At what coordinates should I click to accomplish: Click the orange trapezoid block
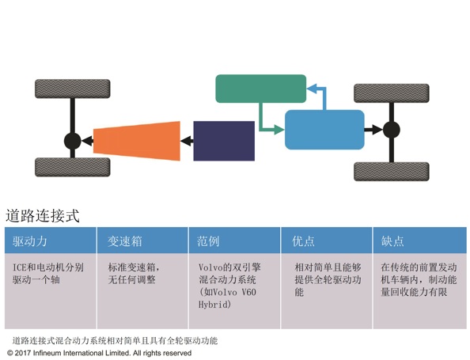137,141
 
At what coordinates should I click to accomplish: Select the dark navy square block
224,141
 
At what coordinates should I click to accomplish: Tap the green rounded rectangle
261,89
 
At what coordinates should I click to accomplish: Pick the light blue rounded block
324,130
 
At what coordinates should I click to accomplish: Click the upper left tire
73,89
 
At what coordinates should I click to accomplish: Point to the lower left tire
73,167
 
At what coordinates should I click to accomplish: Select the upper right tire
392,93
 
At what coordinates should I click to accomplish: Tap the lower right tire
392,172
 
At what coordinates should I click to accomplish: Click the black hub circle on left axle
73,141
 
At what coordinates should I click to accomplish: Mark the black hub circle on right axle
392,130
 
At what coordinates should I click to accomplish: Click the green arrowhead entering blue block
279,130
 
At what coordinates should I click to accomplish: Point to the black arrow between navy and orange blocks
187,141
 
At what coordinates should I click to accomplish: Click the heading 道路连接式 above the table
43,216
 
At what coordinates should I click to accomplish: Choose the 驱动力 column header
30,241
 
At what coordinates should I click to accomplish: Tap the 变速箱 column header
125,241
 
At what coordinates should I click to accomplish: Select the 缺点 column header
392,241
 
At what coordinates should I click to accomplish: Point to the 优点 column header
303,241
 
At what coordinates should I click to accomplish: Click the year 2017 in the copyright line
22,353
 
